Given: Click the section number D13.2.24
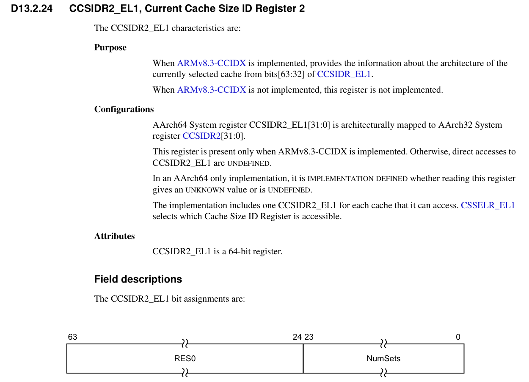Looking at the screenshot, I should [x=32, y=8].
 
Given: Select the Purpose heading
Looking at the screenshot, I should [x=110, y=48].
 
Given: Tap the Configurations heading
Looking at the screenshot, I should [x=124, y=110].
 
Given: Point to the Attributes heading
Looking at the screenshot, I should [x=114, y=236].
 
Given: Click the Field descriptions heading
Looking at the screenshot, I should [x=138, y=280].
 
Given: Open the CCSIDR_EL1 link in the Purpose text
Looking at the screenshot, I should [x=344, y=74].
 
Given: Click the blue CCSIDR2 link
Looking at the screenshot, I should [x=201, y=136].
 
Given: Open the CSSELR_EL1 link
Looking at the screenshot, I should [x=488, y=206].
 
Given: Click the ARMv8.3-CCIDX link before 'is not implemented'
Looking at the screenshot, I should [x=211, y=90].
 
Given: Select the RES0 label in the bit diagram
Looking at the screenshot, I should [x=185, y=359].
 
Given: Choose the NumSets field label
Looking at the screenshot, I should [x=383, y=359].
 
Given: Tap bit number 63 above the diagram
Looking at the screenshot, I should [x=72, y=337].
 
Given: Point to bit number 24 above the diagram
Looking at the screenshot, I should [x=297, y=337].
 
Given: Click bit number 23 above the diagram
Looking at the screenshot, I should [x=309, y=337].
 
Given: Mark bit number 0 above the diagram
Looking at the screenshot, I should [x=458, y=337].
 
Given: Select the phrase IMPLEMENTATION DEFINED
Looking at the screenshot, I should [x=357, y=179].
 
